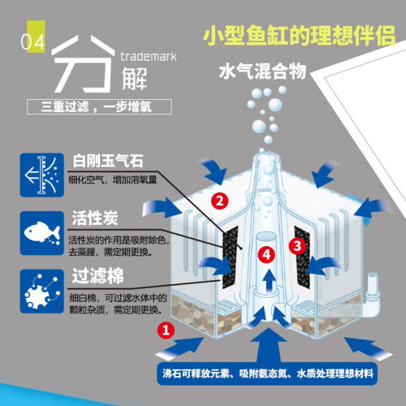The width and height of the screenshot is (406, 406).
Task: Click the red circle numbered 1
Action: [x=166, y=330]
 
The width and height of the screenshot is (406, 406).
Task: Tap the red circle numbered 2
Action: [x=219, y=201]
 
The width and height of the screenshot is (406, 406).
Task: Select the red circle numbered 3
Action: [x=297, y=246]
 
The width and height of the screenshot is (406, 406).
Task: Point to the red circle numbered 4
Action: [x=266, y=254]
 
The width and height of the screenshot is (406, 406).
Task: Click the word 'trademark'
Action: [x=149, y=57]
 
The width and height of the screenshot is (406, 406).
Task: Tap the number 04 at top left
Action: [x=32, y=42]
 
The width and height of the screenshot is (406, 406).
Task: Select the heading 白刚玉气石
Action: [x=108, y=161]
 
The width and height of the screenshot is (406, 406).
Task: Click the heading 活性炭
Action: [x=95, y=218]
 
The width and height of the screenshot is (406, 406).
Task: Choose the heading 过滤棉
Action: [x=97, y=276]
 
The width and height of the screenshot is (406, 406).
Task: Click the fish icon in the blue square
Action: [x=42, y=233]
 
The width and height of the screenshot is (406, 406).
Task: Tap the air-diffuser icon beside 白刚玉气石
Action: [x=42, y=175]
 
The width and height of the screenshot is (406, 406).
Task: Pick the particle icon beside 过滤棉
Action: [x=42, y=292]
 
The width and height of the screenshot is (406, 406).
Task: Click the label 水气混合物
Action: [x=262, y=71]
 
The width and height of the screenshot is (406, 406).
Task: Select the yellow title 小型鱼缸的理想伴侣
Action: [x=300, y=36]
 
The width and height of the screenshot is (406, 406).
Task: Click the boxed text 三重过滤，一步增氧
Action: [x=99, y=107]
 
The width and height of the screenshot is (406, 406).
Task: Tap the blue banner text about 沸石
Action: [x=268, y=374]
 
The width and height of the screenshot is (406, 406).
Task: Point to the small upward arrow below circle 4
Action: [x=269, y=280]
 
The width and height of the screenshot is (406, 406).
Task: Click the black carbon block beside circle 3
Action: [x=303, y=257]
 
